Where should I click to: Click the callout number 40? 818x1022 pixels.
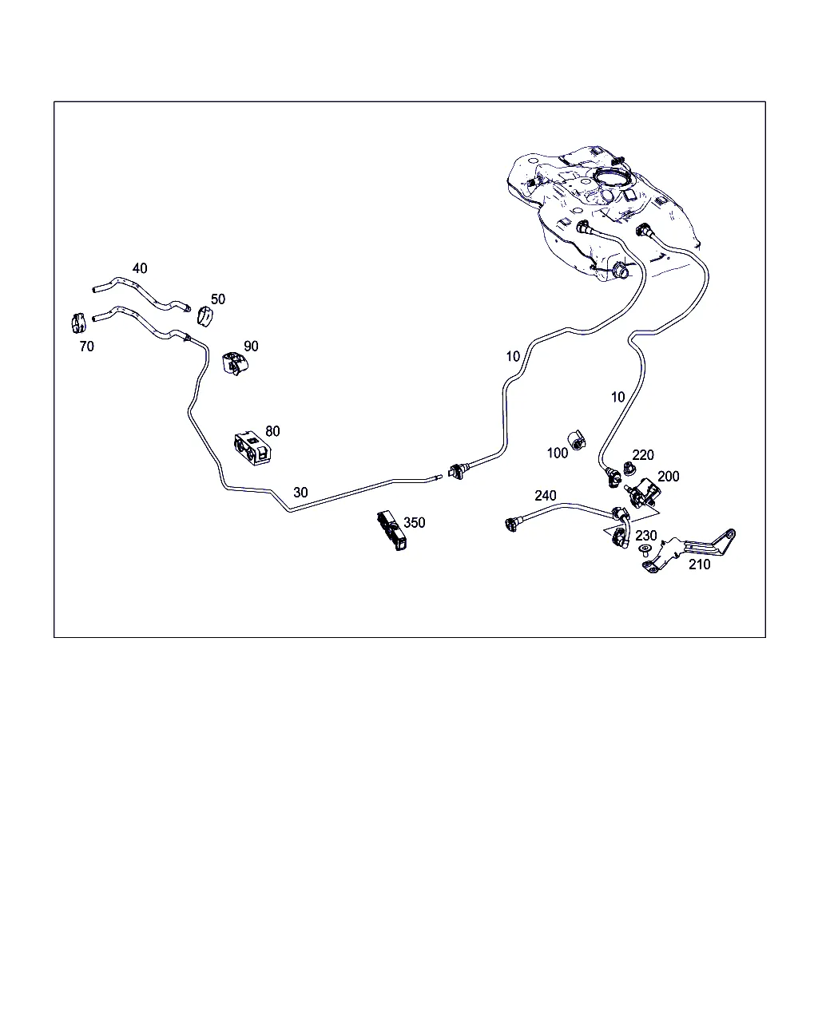[x=140, y=268]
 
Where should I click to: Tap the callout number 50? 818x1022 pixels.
[x=218, y=299]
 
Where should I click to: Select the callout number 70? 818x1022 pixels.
[x=86, y=347]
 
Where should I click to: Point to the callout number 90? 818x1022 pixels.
[x=251, y=347]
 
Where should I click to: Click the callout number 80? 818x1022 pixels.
[x=272, y=431]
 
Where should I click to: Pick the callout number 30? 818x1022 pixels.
[x=300, y=493]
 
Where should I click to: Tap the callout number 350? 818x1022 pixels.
[x=414, y=522]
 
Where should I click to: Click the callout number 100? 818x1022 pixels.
[x=557, y=453]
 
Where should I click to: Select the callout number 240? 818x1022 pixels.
[x=545, y=496]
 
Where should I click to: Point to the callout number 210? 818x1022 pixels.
[x=699, y=564]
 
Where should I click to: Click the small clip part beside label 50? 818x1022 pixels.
[x=204, y=317]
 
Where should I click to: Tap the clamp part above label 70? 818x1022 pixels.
[x=78, y=323]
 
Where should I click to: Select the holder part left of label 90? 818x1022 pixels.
[x=235, y=362]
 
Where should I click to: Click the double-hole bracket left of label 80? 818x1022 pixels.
[x=252, y=448]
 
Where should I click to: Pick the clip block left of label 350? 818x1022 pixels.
[x=392, y=530]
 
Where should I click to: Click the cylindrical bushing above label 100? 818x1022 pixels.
[x=577, y=440]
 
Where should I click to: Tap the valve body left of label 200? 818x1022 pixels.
[x=641, y=493]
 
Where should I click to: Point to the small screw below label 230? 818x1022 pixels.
[x=645, y=551]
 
